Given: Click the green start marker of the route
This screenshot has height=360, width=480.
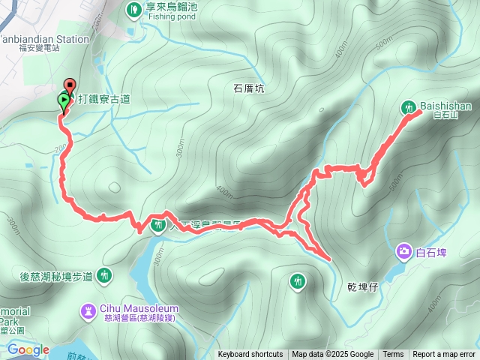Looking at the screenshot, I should click(x=63, y=99).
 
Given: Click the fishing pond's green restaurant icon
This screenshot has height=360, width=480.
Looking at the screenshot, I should click(x=133, y=9).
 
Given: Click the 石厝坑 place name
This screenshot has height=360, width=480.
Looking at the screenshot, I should click(x=249, y=88).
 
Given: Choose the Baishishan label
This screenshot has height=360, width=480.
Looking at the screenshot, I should click(x=446, y=106).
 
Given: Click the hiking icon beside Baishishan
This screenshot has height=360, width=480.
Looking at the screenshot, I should click(x=409, y=106).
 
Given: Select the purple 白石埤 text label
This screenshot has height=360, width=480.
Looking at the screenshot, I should click(x=431, y=252).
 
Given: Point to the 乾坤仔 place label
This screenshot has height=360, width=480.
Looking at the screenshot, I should click(x=364, y=286).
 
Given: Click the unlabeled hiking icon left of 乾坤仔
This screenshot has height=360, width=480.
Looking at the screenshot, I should click(x=298, y=280).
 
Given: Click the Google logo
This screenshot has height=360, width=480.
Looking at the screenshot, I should click(x=28, y=349).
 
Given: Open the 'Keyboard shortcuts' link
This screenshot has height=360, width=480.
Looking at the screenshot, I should click(x=250, y=355).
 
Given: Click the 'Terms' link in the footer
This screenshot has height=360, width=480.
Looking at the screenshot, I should click(x=393, y=355).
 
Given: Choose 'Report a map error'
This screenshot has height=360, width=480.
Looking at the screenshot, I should click(x=444, y=355).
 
